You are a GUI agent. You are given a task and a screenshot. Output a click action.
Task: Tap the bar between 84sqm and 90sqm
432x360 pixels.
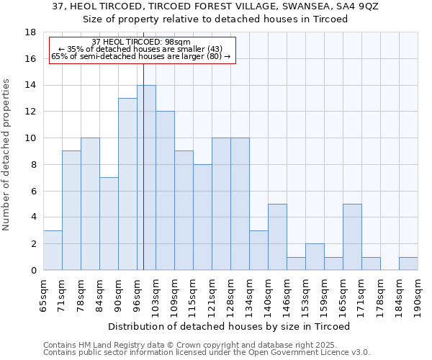(109, 224)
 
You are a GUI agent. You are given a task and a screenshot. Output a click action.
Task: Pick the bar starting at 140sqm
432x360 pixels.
(277, 237)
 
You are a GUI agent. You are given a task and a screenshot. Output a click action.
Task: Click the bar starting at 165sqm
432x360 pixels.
(352, 237)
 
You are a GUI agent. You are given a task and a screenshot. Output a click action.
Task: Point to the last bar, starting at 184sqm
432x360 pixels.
(408, 264)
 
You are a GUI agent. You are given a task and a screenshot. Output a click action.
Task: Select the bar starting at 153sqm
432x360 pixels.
(315, 257)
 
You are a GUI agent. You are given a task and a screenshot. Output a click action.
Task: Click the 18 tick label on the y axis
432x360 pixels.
(30, 32)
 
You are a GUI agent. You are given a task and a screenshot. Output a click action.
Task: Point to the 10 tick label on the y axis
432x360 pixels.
(30, 138)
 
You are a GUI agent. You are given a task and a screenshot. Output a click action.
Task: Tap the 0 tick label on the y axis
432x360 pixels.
(33, 271)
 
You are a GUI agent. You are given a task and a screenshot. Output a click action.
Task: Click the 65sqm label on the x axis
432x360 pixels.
(44, 293)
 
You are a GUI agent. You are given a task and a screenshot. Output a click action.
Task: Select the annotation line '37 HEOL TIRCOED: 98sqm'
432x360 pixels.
(141, 42)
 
